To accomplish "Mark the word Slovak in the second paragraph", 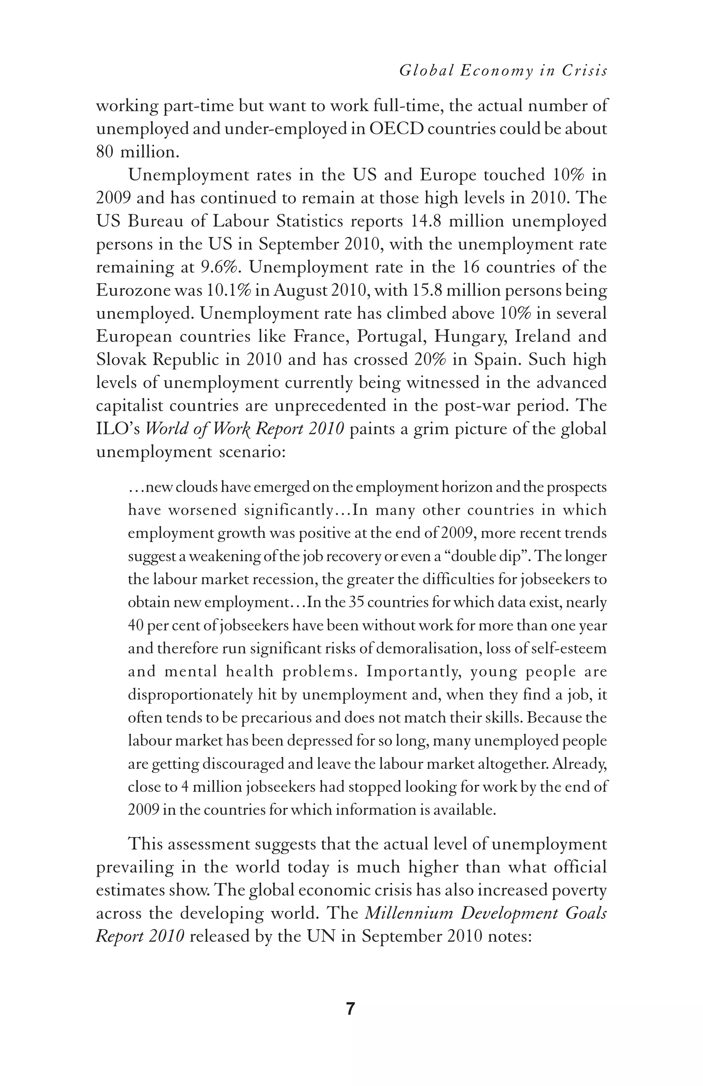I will coord(120,360).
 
